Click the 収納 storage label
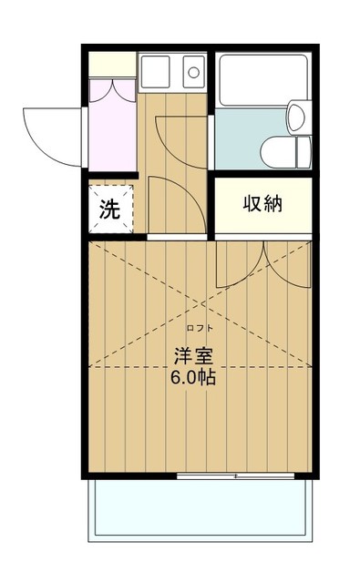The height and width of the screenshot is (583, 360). point(262,204)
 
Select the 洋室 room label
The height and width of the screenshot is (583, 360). point(193,354)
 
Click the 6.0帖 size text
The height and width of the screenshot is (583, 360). point(193,376)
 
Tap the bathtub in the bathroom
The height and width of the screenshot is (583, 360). point(262,87)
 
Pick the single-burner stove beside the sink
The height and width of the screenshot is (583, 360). point(193,69)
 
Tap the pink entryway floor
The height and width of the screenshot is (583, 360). point(111,132)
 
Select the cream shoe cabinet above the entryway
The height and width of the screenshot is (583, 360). point(111,65)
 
